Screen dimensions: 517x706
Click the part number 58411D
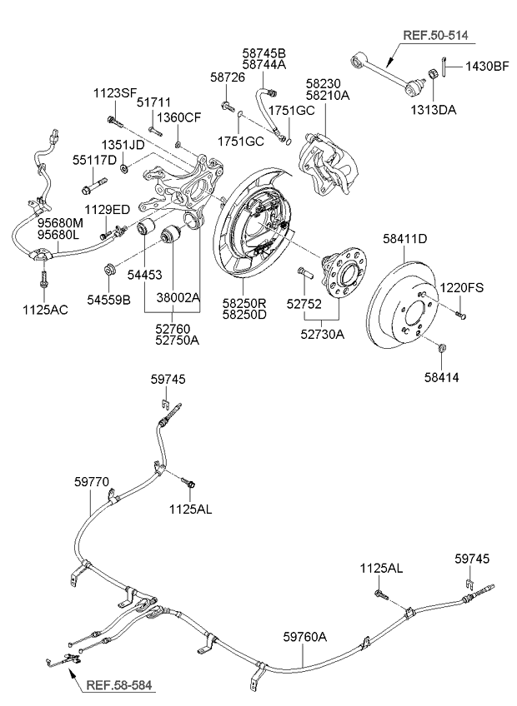pyautogui.click(x=404, y=239)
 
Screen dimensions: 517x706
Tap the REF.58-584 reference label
pyautogui.click(x=119, y=685)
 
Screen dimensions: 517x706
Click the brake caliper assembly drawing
pyautogui.click(x=327, y=164)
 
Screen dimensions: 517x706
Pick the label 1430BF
pyautogui.click(x=487, y=67)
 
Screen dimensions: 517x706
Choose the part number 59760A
pyautogui.click(x=305, y=637)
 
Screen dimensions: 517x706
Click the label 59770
pyautogui.click(x=92, y=482)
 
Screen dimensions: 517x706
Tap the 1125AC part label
pyautogui.click(x=45, y=310)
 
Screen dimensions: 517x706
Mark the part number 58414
pyautogui.click(x=442, y=377)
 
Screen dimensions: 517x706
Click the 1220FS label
pyautogui.click(x=461, y=287)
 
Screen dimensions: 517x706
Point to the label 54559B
pyautogui.click(x=108, y=300)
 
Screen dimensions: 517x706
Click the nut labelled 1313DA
pyautogui.click(x=431, y=74)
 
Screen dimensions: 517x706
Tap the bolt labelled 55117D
pyautogui.click(x=94, y=186)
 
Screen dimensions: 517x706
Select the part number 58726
pyautogui.click(x=228, y=77)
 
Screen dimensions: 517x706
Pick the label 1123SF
pyautogui.click(x=115, y=93)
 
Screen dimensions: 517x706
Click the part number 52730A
pyautogui.click(x=322, y=335)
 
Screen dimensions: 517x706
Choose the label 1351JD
pyautogui.click(x=123, y=145)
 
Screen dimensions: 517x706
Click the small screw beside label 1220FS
pyautogui.click(x=459, y=314)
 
